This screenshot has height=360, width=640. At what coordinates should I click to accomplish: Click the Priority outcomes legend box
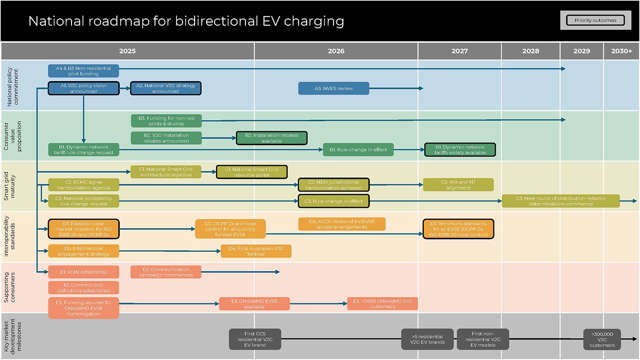pos(595,20)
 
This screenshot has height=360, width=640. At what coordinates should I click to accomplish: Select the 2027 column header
pos(459,51)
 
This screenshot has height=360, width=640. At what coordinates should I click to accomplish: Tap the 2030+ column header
pos(621,51)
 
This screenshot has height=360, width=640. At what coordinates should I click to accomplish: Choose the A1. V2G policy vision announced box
pos(83,88)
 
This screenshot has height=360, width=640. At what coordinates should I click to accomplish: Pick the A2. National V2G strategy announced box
pos(166,88)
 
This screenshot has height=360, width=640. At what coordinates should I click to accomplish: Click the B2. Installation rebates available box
pos(271,138)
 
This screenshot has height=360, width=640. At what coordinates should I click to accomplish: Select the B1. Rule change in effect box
pos(358,150)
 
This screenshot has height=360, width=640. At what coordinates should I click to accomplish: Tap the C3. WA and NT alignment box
pos(458,185)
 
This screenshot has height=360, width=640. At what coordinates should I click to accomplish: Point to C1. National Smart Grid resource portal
pos(252,172)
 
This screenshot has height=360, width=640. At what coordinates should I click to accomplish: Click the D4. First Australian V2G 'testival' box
pos(256,251)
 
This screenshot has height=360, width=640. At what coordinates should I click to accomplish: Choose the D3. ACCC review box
pos(342,224)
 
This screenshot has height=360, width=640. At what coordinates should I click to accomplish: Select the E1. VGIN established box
pos(83,272)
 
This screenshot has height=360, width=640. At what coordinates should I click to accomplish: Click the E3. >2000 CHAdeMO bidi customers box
pos(382,304)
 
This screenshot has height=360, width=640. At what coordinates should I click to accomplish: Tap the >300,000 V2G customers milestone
pos(602,339)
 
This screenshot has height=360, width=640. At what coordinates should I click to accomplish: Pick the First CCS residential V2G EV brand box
pos(255,339)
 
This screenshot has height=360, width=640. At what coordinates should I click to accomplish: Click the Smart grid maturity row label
pos(9,186)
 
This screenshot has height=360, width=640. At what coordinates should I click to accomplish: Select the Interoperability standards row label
pos(9,237)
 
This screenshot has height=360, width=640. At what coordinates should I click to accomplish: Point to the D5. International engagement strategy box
pos(83,251)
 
